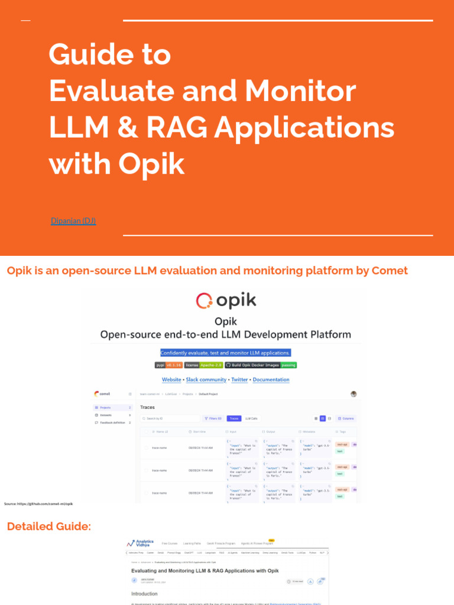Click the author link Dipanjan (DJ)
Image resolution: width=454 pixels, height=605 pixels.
click(x=73, y=221)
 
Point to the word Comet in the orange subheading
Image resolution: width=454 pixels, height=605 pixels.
click(x=390, y=271)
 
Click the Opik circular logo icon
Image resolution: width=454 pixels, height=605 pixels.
click(x=204, y=301)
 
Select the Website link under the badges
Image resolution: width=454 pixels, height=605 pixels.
click(x=171, y=380)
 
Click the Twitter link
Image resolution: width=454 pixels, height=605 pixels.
click(x=239, y=380)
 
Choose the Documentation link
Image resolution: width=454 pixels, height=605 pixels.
click(x=271, y=380)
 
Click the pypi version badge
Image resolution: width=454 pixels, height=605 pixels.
click(x=168, y=365)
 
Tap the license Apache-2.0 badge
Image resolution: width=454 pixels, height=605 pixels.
click(x=203, y=365)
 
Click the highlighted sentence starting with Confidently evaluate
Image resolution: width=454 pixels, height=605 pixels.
click(x=225, y=353)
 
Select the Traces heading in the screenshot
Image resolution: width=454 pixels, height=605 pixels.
click(x=147, y=407)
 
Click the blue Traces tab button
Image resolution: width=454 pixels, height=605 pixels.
click(x=234, y=418)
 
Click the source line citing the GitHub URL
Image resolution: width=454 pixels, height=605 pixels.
click(x=38, y=504)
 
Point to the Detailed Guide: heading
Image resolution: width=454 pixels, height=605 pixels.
click(x=49, y=526)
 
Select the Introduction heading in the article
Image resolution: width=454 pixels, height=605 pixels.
click(x=144, y=594)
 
